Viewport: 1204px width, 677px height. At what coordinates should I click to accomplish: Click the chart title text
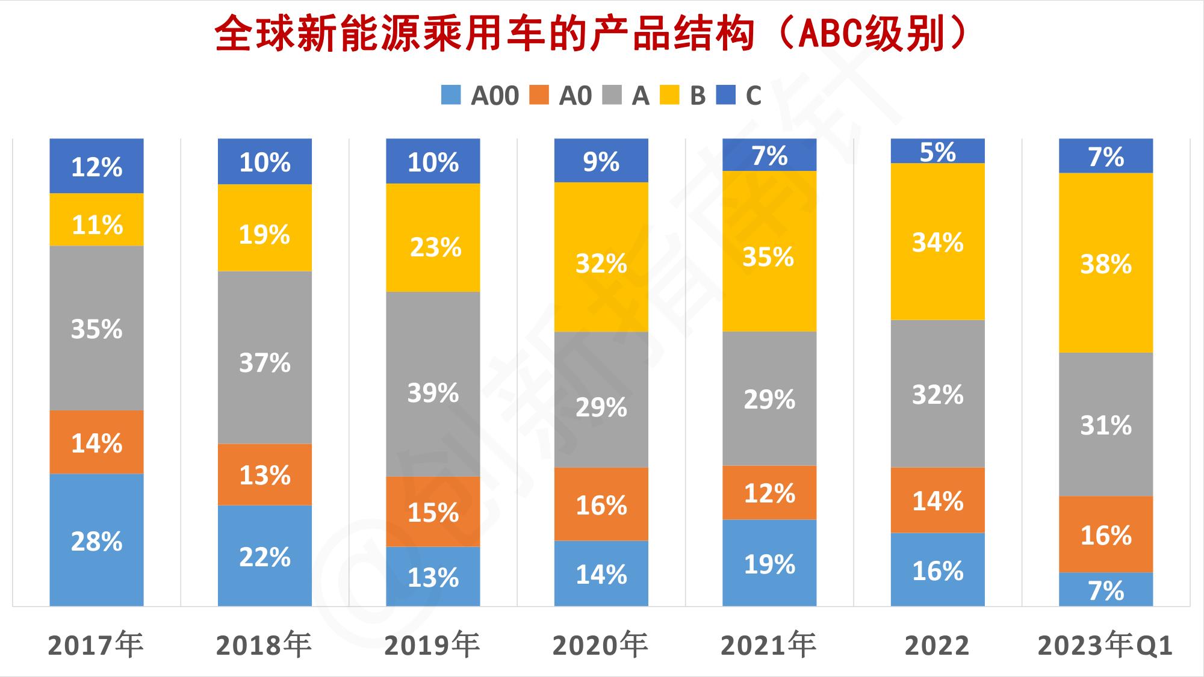(x=590, y=34)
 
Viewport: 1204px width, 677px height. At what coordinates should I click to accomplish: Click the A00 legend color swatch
(x=451, y=95)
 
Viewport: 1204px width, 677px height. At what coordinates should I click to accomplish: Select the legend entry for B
(x=683, y=95)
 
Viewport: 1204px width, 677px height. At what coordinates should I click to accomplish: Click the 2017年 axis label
(x=96, y=646)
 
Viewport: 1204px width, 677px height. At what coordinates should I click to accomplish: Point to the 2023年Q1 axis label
(x=1105, y=646)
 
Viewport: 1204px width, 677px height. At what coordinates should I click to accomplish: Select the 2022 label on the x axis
(x=937, y=646)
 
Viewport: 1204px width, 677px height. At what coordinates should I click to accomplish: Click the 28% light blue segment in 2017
(x=96, y=540)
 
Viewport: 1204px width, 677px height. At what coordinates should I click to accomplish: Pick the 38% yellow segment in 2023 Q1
(x=1106, y=263)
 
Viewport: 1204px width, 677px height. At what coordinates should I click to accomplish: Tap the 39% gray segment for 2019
(x=433, y=384)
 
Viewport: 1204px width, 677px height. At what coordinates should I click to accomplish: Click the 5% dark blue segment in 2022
(x=937, y=151)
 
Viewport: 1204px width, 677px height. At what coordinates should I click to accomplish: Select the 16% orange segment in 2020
(x=601, y=504)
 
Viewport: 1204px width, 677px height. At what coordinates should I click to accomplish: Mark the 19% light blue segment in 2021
(x=769, y=563)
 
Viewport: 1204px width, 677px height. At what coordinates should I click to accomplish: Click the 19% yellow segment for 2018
(x=265, y=228)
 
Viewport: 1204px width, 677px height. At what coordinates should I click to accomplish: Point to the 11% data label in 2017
(x=97, y=225)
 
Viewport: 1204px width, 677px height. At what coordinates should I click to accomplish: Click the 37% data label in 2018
(x=265, y=363)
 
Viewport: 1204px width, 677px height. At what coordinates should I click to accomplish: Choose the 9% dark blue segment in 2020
(x=601, y=161)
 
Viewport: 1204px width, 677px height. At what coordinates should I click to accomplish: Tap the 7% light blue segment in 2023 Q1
(x=1106, y=589)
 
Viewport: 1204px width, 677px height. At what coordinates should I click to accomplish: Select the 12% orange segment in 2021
(x=769, y=492)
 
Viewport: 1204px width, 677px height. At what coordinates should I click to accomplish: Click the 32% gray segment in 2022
(x=937, y=394)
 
